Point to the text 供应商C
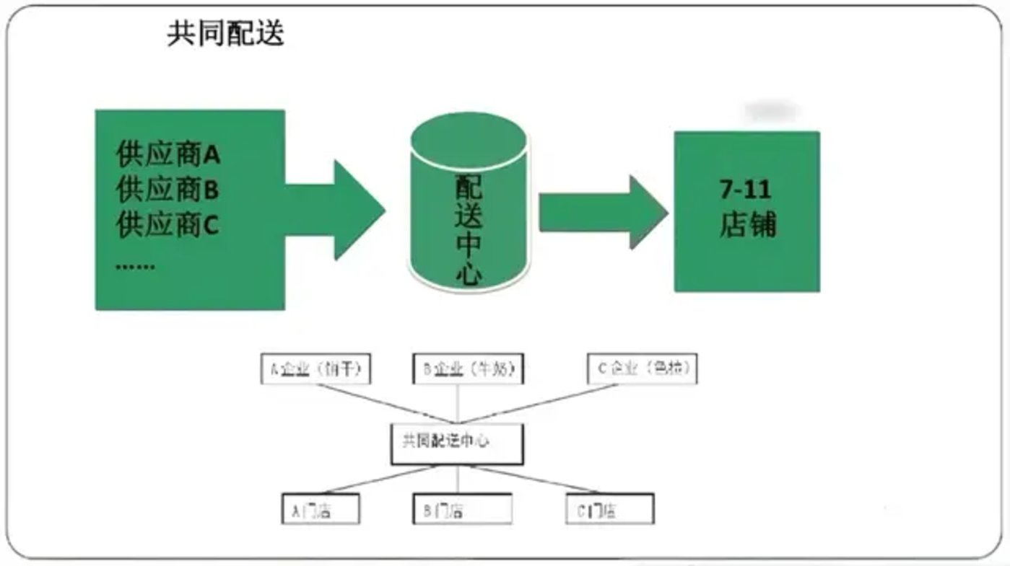pyautogui.click(x=167, y=226)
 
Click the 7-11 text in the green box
pyautogui.click(x=746, y=190)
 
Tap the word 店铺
pyautogui.click(x=747, y=225)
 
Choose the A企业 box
pyautogui.click(x=315, y=369)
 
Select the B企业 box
pyautogui.click(x=468, y=369)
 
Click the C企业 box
pyautogui.click(x=642, y=369)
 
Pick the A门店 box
pyautogui.click(x=320, y=510)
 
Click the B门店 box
pyautogui.click(x=462, y=510)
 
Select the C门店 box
pyautogui.click(x=610, y=510)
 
